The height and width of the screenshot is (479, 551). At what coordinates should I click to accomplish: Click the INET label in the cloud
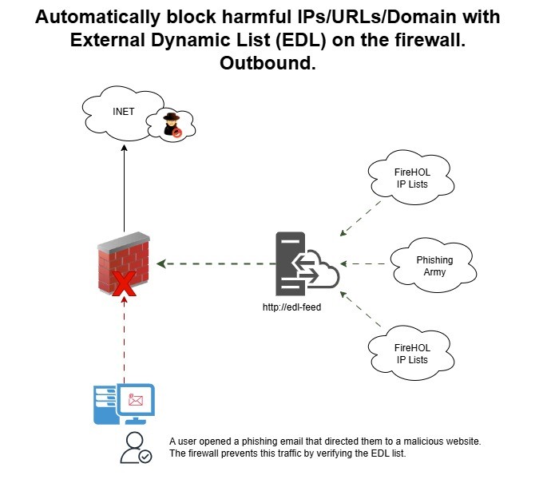tap(123, 112)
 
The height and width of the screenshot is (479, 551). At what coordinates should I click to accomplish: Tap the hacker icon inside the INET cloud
tap(172, 125)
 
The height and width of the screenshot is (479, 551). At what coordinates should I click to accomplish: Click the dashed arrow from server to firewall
tap(212, 262)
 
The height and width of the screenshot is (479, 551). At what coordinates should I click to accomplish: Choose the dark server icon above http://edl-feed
tap(290, 263)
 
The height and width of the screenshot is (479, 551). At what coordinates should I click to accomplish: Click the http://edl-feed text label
tap(291, 307)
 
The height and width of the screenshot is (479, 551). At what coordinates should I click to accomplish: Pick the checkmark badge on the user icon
tap(145, 456)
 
